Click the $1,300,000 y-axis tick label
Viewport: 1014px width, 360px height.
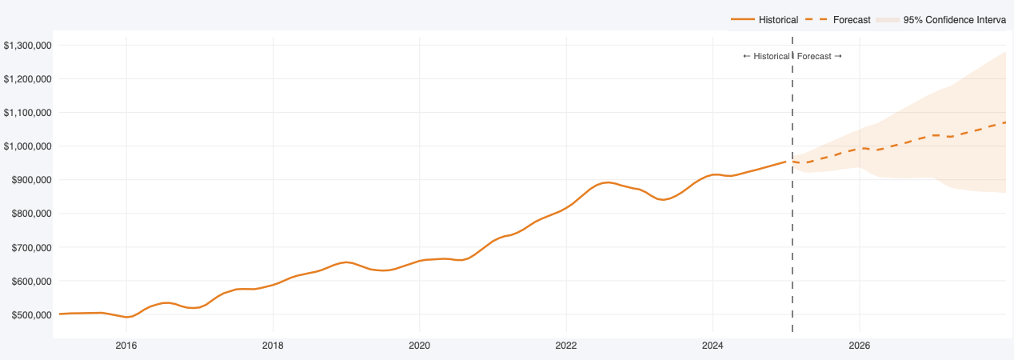(28, 46)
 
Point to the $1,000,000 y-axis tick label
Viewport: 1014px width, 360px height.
(28, 146)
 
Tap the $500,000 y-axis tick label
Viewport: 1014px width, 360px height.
(30, 315)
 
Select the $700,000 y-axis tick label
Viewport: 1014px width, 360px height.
(30, 248)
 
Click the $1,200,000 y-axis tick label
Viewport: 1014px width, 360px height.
(28, 79)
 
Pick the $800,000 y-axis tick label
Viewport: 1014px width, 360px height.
(30, 214)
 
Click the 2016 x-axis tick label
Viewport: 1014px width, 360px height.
(126, 346)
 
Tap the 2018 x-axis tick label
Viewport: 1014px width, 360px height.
(273, 346)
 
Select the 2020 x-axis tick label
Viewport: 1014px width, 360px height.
(419, 346)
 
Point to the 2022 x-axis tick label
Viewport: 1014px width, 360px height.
(566, 346)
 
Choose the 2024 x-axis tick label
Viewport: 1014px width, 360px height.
(713, 346)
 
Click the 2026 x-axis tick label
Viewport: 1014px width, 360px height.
(859, 346)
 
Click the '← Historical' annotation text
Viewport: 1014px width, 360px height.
(766, 56)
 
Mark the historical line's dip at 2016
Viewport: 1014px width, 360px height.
(127, 317)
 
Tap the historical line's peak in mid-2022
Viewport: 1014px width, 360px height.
(609, 182)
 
